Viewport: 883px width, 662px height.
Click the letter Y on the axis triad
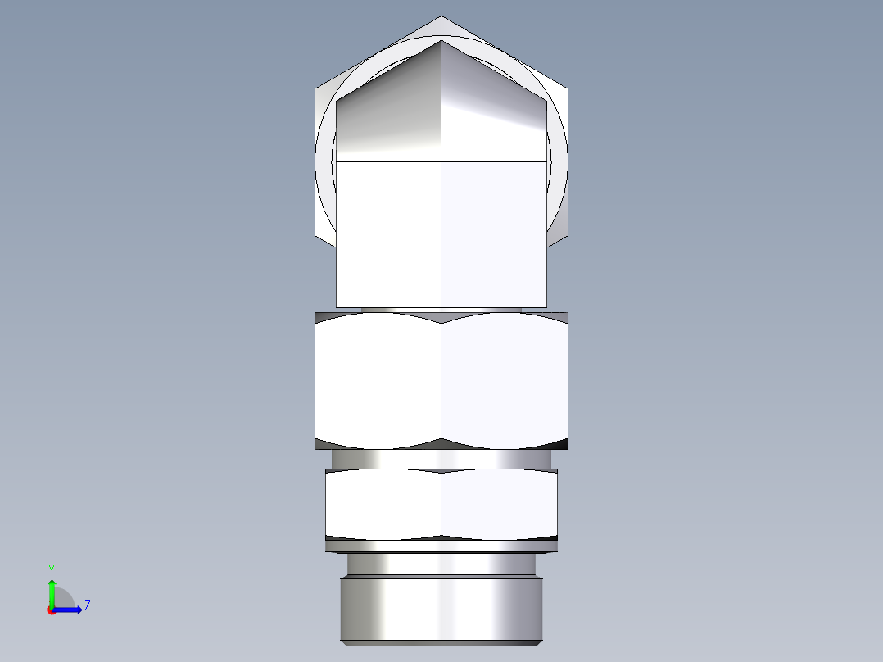[x=52, y=569]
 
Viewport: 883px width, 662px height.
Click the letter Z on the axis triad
[x=87, y=605]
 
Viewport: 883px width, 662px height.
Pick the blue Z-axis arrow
[x=69, y=609]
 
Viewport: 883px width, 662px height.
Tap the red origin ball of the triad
[x=52, y=610]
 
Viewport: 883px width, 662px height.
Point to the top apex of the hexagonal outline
[x=441, y=16]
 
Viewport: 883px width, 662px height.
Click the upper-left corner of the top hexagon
[x=315, y=86]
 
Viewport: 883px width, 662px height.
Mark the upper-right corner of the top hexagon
[x=567, y=86]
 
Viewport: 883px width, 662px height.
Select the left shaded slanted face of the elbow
[x=389, y=115]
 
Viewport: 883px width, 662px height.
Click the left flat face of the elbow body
[x=389, y=234]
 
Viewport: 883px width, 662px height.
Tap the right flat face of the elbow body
[x=494, y=234]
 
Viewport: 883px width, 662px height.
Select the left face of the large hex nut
[x=378, y=381]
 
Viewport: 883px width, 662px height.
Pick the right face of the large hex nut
[x=505, y=381]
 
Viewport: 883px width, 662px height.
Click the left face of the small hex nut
[x=383, y=505]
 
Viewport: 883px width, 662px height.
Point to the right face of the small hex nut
[x=500, y=505]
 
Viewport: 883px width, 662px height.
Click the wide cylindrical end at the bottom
[x=441, y=610]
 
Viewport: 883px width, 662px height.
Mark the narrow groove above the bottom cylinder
[x=441, y=564]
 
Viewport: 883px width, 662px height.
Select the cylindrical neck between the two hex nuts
[x=441, y=459]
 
